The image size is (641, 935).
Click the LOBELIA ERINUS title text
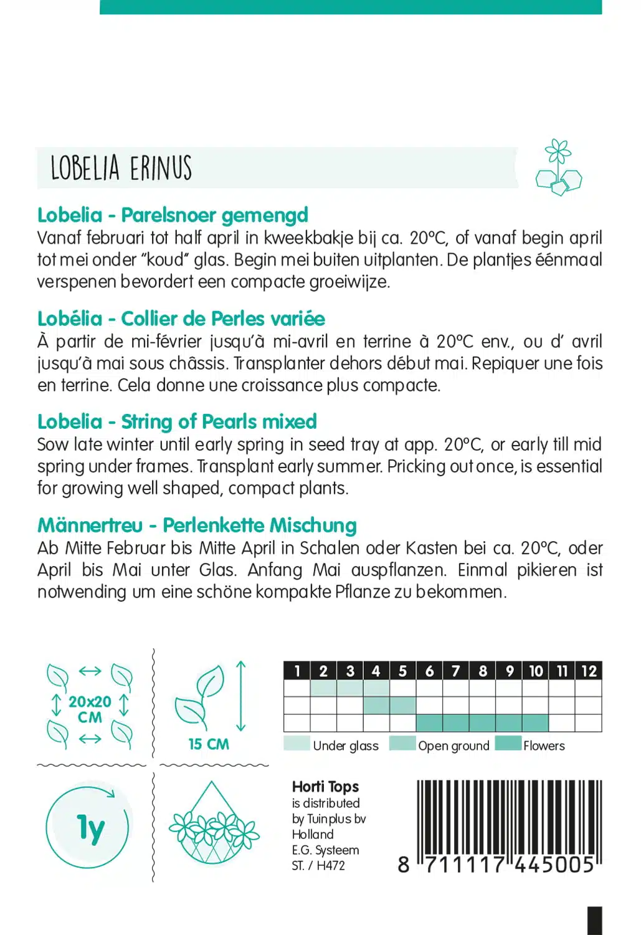(121, 168)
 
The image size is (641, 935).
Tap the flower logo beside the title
(558, 168)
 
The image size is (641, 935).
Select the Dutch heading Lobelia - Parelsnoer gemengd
(173, 215)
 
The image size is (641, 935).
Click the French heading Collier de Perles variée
(181, 319)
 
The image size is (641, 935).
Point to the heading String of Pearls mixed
(177, 422)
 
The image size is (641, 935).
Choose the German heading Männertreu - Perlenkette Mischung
(197, 525)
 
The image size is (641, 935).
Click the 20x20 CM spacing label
(90, 709)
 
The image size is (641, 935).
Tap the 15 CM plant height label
(209, 744)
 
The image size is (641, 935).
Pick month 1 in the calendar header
(297, 671)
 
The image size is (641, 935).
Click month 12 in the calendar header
(589, 671)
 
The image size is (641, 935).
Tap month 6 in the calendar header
(429, 671)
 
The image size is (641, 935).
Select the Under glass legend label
(346, 746)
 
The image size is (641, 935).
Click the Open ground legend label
(453, 746)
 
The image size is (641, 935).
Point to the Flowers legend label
(544, 746)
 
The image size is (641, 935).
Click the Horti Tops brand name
(325, 787)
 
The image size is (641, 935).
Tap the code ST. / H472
(318, 865)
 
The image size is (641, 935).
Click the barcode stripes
(508, 817)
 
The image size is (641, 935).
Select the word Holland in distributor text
(313, 834)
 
